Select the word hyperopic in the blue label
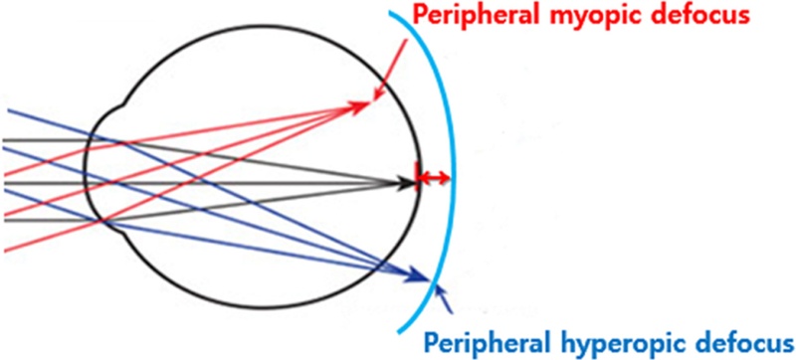(x=617, y=343)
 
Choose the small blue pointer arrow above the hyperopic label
(x=443, y=295)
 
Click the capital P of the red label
(x=420, y=17)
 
